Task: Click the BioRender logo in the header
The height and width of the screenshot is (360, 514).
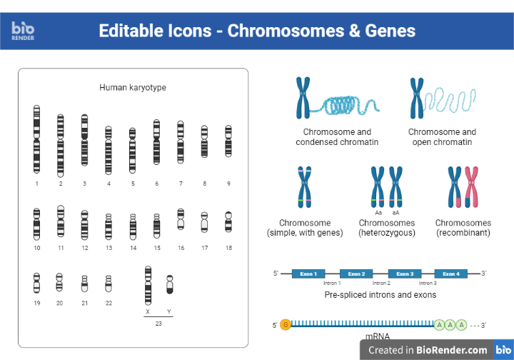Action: coord(23,30)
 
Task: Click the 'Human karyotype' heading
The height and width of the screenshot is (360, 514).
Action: coord(133,88)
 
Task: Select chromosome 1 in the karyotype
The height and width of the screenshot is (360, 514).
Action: coord(36,139)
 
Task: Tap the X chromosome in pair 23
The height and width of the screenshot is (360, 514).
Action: coord(148,284)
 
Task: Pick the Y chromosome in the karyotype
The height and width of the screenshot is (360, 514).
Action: coord(169,284)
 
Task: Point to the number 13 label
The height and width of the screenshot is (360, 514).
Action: coord(109,248)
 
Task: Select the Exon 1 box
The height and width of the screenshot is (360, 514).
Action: coord(308,274)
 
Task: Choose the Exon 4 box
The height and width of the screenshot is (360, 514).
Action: coord(451,274)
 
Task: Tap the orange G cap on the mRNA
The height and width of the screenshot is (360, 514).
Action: coord(286,325)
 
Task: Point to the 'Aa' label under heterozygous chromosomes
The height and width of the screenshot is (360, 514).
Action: coord(378,213)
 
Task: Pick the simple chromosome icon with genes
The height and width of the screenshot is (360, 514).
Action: coord(305,188)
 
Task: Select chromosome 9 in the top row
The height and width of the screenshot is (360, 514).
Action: coord(228,141)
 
